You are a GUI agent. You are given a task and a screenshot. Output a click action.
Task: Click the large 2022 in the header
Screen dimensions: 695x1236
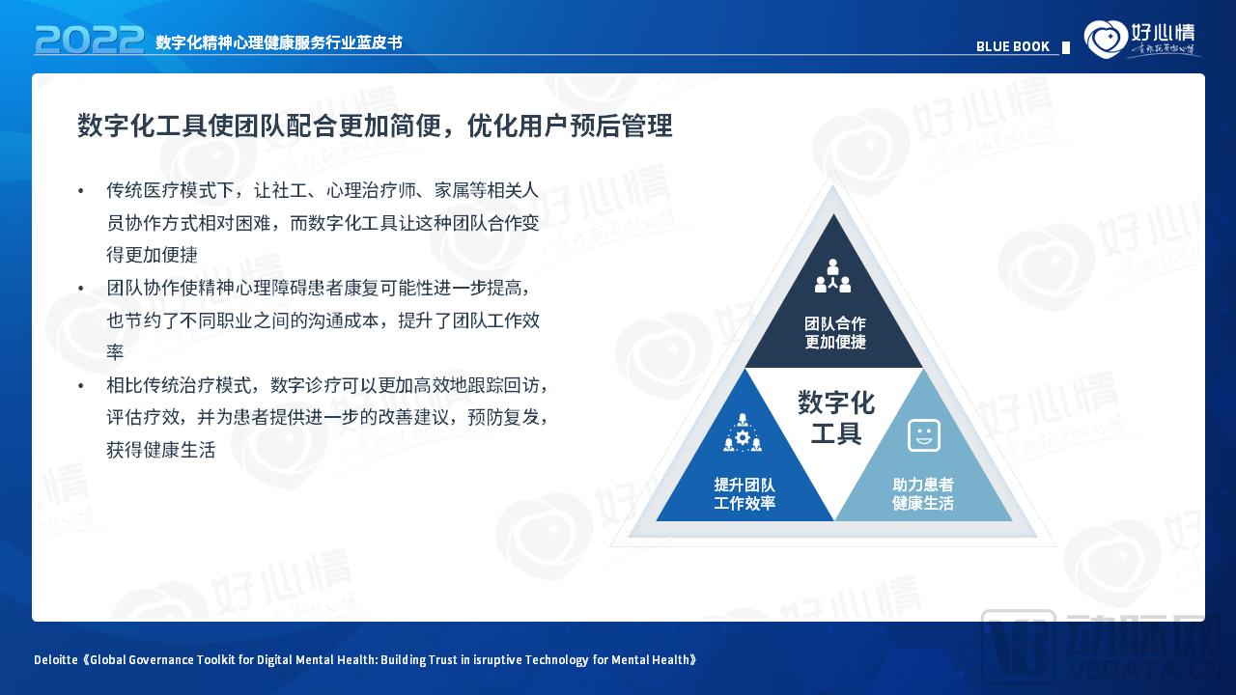click(x=90, y=40)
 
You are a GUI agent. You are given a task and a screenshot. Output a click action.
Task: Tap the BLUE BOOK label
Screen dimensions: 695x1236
click(x=1012, y=46)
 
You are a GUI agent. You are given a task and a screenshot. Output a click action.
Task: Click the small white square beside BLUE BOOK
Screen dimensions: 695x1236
click(x=1066, y=47)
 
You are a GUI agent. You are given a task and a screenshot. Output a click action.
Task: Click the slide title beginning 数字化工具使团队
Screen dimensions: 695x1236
click(x=375, y=125)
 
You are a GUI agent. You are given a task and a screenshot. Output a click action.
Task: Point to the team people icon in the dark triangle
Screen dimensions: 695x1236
click(x=832, y=276)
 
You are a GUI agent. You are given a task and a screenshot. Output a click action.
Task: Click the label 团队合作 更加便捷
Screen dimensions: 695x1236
click(x=835, y=333)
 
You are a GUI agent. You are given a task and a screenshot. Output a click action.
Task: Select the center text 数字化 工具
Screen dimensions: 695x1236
click(x=836, y=418)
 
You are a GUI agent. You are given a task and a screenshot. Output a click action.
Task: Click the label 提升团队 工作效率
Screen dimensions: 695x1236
click(x=744, y=493)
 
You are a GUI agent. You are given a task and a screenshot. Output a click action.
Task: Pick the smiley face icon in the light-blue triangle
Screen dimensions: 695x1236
click(x=924, y=435)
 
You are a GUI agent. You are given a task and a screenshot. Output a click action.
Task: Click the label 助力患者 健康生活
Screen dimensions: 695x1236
click(x=923, y=493)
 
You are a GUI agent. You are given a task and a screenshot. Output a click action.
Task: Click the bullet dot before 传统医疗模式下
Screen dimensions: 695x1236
click(x=81, y=191)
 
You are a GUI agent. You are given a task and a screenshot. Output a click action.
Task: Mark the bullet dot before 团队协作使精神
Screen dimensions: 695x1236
click(x=81, y=289)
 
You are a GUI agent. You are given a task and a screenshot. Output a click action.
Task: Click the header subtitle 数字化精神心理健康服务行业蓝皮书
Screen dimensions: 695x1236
click(x=278, y=42)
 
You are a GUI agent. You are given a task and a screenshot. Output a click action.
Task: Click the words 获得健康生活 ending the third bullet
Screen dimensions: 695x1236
click(x=160, y=450)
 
